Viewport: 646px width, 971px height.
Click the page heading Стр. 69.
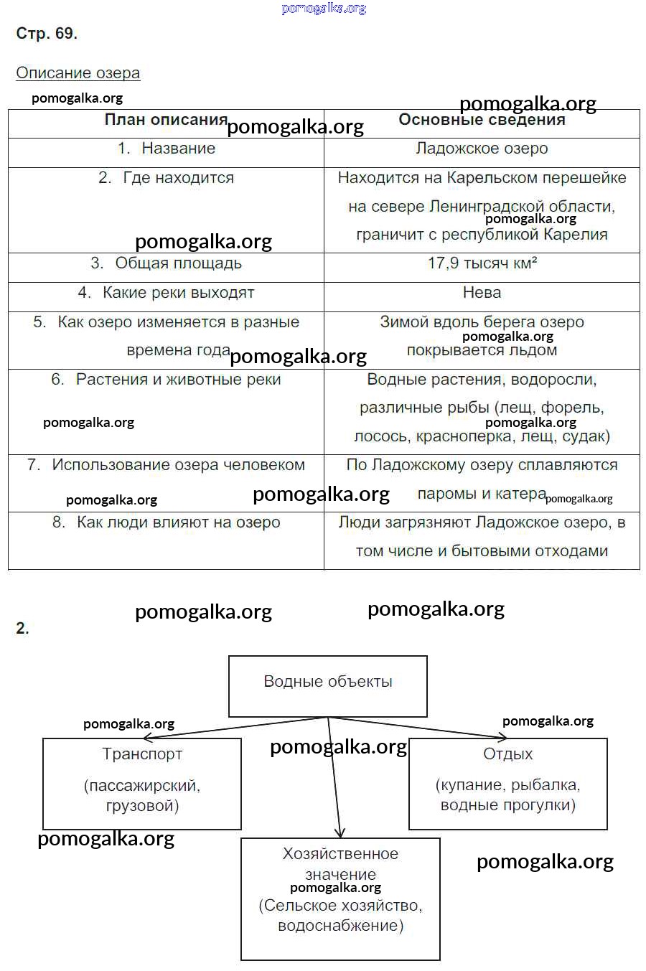(47, 34)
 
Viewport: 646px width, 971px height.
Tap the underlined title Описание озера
(78, 73)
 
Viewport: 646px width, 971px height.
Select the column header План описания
(166, 120)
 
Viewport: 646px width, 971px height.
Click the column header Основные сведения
(482, 120)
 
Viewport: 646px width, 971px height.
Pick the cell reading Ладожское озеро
(482, 149)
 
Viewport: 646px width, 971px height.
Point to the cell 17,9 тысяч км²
(482, 263)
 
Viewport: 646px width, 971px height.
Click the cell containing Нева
(482, 293)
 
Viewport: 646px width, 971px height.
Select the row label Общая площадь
(178, 263)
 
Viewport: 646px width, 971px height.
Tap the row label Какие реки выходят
(178, 293)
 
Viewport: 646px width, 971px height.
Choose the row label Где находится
(178, 178)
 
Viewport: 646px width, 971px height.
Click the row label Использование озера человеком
(178, 465)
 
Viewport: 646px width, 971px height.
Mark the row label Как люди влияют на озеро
(178, 522)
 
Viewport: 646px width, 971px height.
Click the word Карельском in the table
(491, 178)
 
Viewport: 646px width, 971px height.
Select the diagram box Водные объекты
(328, 682)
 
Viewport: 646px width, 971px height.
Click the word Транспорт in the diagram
(142, 754)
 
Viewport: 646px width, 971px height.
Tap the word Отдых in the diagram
(507, 754)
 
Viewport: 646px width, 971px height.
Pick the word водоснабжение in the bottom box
(340, 926)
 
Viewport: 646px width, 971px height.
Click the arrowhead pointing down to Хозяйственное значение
(340, 832)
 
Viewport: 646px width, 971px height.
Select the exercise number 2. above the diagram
(22, 629)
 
